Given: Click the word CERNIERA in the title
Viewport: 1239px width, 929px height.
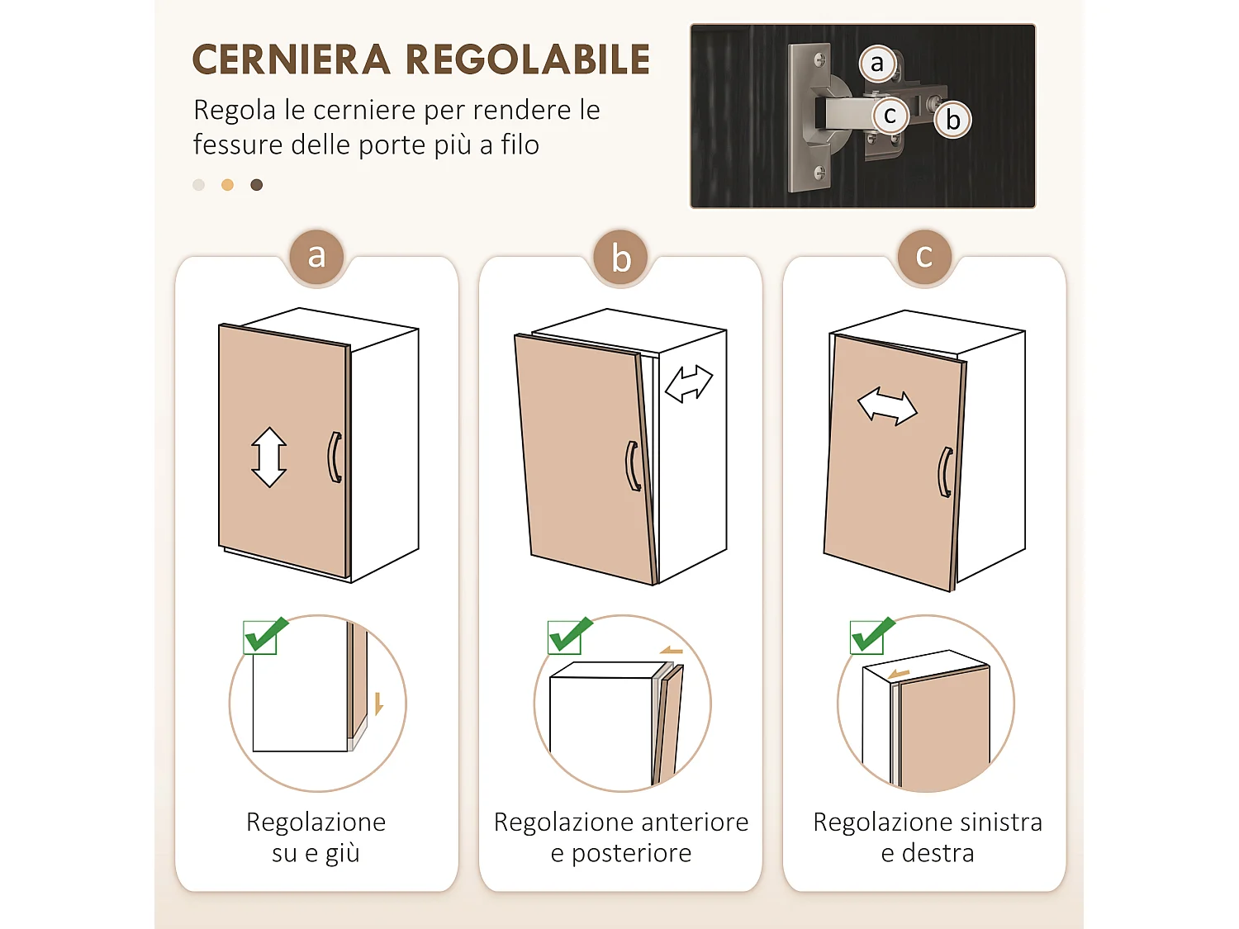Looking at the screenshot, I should (x=291, y=60).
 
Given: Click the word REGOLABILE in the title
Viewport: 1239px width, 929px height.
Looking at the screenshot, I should (x=528, y=60).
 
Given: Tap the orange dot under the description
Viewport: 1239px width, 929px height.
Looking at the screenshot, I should (x=227, y=185).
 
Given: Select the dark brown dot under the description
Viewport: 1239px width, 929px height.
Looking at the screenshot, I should (x=257, y=185).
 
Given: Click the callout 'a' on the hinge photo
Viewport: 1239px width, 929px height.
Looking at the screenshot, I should (x=877, y=64).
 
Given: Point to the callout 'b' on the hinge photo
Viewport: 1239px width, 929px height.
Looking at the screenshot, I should (x=953, y=120).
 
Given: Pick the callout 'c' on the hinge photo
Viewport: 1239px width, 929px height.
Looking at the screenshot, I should (x=890, y=116).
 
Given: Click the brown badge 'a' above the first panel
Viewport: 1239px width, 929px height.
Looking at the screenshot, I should (x=316, y=257).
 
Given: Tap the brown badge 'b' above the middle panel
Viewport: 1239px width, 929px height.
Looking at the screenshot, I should (x=621, y=258).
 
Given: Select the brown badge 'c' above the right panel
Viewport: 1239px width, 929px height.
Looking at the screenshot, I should (x=924, y=257).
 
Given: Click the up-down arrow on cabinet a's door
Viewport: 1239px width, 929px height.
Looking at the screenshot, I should (x=269, y=457).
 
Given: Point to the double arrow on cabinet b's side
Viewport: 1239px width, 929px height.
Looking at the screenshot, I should (x=689, y=384).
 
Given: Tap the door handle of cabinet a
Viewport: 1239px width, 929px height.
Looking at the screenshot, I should (x=335, y=457).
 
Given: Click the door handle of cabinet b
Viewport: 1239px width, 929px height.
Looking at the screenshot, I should (x=632, y=467).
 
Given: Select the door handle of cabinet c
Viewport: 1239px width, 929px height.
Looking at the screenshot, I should (x=945, y=472).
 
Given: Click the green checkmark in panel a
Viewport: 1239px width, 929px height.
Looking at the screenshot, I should (x=264, y=635).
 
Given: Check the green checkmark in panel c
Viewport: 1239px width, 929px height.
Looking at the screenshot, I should (x=871, y=635).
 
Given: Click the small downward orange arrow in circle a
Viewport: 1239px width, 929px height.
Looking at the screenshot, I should (x=378, y=704).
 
